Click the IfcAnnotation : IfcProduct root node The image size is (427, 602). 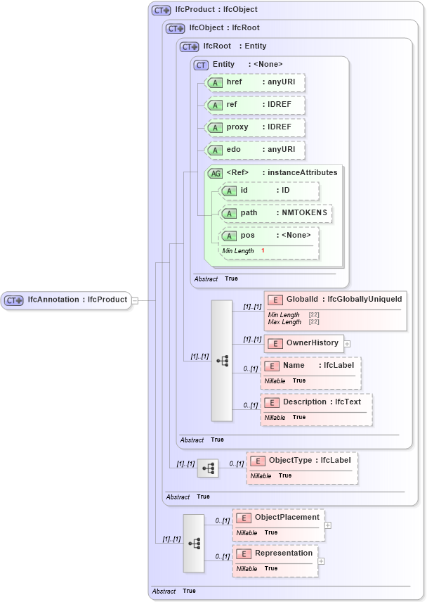pyautogui.click(x=66, y=300)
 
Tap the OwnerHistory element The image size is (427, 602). pyautogui.click(x=304, y=343)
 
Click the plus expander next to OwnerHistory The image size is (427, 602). pyautogui.click(x=347, y=344)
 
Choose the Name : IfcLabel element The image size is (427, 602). pyautogui.click(x=310, y=366)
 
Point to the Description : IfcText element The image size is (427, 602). pyautogui.click(x=316, y=402)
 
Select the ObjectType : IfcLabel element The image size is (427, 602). pyautogui.click(x=302, y=461)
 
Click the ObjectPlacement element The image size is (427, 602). pyautogui.click(x=279, y=518)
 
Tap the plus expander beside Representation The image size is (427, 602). pyautogui.click(x=322, y=561)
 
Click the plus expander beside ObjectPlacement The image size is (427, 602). pyautogui.click(x=328, y=525)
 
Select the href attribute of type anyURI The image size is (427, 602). pyautogui.click(x=255, y=83)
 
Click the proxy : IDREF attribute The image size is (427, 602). pyautogui.click(x=255, y=127)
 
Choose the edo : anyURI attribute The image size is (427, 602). pyautogui.click(x=255, y=150)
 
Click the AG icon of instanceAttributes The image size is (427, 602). pyautogui.click(x=215, y=173)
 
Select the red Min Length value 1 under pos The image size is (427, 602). pyautogui.click(x=263, y=251)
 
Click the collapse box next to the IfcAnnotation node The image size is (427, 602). pyautogui.click(x=135, y=300)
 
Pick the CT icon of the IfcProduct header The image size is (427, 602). pyautogui.click(x=162, y=11)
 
